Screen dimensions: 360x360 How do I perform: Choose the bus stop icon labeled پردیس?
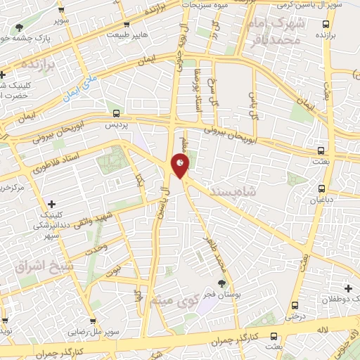tap(116, 113)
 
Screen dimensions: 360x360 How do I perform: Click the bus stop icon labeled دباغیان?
tap(321, 188)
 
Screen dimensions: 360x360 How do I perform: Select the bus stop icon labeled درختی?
tap(295, 305)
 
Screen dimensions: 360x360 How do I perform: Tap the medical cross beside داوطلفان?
tap(349, 288)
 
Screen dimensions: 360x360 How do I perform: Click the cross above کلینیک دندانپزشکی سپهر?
tap(51, 204)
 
